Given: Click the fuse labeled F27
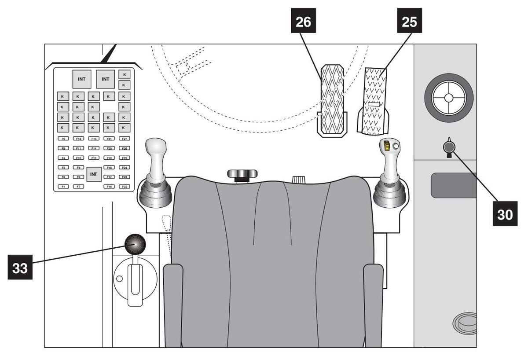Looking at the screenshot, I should (124, 139).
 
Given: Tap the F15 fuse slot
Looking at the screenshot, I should (94, 139).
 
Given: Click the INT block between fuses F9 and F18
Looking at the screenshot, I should (94, 174).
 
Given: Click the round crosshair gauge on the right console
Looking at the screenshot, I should (448, 97).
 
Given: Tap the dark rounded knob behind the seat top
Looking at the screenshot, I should (242, 173).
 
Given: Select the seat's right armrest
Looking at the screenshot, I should (373, 304).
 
